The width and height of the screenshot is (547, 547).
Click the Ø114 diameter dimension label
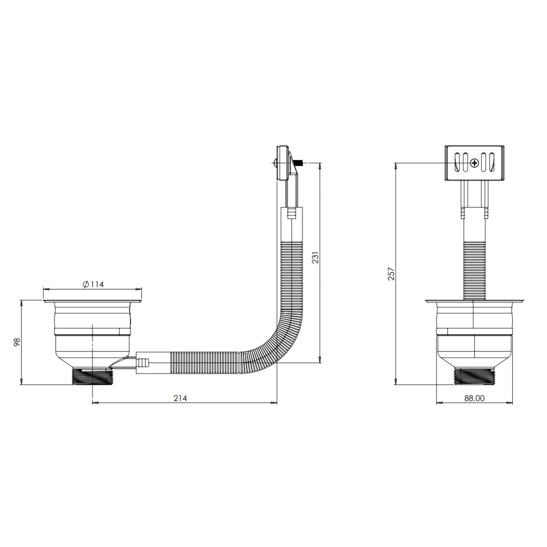pos(93,284)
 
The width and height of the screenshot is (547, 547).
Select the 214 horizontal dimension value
pos(180,398)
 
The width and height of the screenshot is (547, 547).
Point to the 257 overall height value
pos(391,274)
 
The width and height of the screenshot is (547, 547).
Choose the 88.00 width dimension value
pos(474,398)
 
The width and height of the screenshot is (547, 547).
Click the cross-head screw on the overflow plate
pos(474,163)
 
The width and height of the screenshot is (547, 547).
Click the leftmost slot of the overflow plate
pos(456,162)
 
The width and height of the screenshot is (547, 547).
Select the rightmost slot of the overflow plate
pos(492,162)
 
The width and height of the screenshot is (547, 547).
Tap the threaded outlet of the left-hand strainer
pos(92,376)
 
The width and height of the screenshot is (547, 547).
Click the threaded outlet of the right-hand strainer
pos(474,376)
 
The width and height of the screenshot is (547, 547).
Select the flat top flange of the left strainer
pos(92,301)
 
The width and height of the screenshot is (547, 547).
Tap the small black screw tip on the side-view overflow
pos(301,163)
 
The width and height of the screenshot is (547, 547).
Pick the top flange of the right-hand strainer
pos(474,301)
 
